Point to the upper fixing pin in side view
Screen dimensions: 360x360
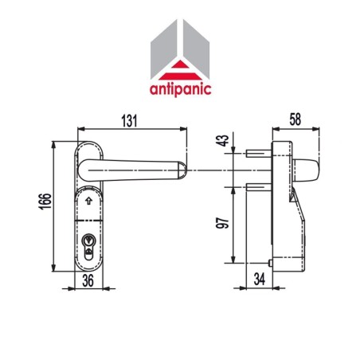click(259, 154)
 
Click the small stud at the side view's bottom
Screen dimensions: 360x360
click(270, 262)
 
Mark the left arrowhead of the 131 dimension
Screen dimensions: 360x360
click(80, 129)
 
